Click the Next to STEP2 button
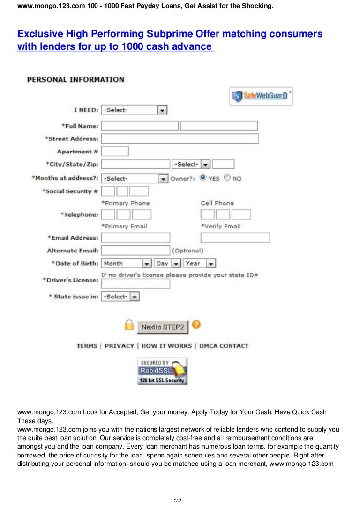click(x=162, y=327)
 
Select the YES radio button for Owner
click(x=203, y=178)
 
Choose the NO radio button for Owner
click(x=227, y=178)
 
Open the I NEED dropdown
click(x=134, y=110)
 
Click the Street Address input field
click(x=180, y=138)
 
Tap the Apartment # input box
click(x=115, y=151)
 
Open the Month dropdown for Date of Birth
click(x=127, y=263)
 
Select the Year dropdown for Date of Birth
click(x=200, y=263)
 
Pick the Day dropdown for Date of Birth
click(x=168, y=263)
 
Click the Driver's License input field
click(x=135, y=284)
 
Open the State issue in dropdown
click(x=120, y=297)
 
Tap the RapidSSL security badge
click(x=162, y=371)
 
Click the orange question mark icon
click(x=197, y=325)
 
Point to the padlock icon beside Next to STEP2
click(x=129, y=325)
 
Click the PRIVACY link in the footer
click(x=119, y=346)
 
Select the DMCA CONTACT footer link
click(x=224, y=346)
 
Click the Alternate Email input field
click(x=135, y=251)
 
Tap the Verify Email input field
click(x=235, y=237)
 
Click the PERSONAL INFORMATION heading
click(x=75, y=80)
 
